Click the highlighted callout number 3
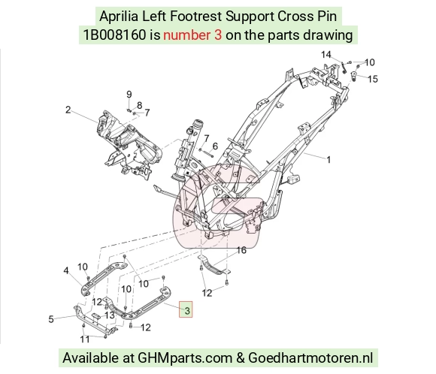coord(187,311)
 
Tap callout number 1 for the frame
coord(329,160)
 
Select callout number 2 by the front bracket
coord(68,110)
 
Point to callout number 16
coord(241,250)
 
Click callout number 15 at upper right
coord(373,79)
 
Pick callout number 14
coord(326,55)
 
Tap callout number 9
coord(129,95)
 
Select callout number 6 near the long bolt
coord(215,146)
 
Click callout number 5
coord(51,319)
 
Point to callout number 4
coord(66,270)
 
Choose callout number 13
coord(110,315)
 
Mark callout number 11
coord(85,339)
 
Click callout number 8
coord(139,106)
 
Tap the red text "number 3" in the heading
coord(192,35)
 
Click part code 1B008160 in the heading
coord(114,35)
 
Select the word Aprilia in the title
coord(119,16)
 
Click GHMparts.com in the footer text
coord(185,357)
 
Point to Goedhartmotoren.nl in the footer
coord(310,357)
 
